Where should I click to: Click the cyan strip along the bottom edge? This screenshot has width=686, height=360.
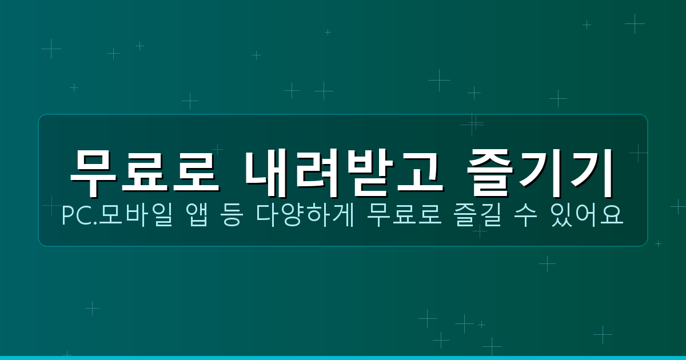(343, 358)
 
